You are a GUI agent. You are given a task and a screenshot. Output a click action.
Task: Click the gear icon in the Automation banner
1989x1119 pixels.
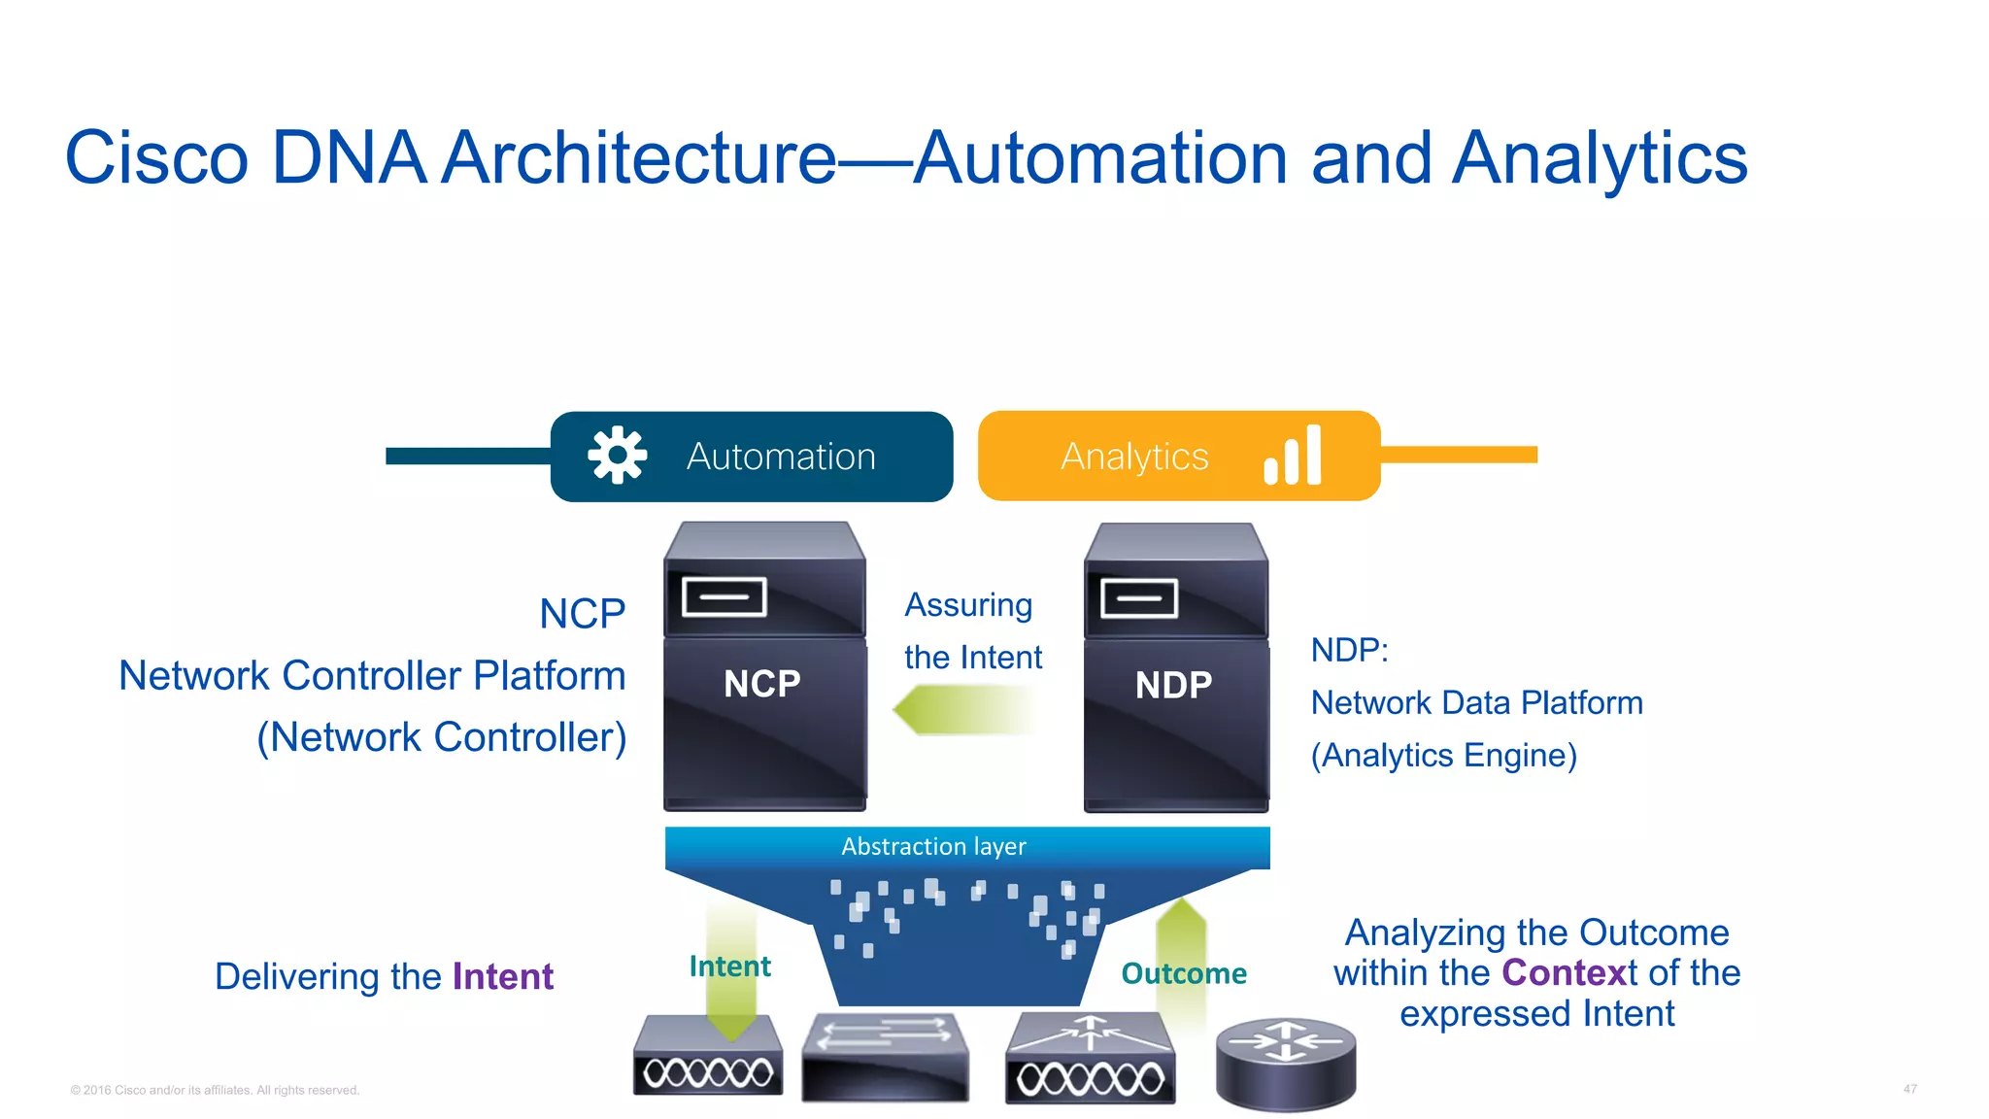[x=617, y=455]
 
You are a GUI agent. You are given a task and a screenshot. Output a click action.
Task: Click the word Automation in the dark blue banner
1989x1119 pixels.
[x=781, y=457]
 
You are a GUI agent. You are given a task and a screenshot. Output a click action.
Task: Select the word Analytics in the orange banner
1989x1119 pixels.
[x=1134, y=457]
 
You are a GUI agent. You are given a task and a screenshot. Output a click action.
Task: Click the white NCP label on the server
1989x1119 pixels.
[x=762, y=684]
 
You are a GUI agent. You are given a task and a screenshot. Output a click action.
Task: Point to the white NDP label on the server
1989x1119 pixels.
[x=1173, y=686]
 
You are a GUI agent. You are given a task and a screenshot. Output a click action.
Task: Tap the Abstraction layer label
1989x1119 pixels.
[x=933, y=846]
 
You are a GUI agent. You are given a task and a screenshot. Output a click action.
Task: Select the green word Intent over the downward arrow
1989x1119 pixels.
[x=729, y=966]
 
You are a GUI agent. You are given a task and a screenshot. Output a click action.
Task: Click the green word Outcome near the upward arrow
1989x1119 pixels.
[x=1183, y=973]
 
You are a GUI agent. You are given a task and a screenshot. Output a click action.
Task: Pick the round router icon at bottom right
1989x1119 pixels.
[x=1285, y=1062]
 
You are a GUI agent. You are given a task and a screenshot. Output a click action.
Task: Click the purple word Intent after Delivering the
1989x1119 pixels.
[x=503, y=976]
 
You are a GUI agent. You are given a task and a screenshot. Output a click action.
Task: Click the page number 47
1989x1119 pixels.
[x=1909, y=1089]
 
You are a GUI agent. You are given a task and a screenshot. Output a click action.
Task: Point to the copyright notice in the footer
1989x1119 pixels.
[x=215, y=1090]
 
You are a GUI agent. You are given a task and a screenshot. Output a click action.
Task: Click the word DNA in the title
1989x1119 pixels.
[x=349, y=157]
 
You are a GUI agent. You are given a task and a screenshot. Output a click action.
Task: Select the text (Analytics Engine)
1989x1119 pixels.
[x=1443, y=755]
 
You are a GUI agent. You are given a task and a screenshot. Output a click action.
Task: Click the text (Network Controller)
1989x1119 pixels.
[x=441, y=737]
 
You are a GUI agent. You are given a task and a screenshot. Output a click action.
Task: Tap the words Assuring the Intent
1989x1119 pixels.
[x=972, y=631]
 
